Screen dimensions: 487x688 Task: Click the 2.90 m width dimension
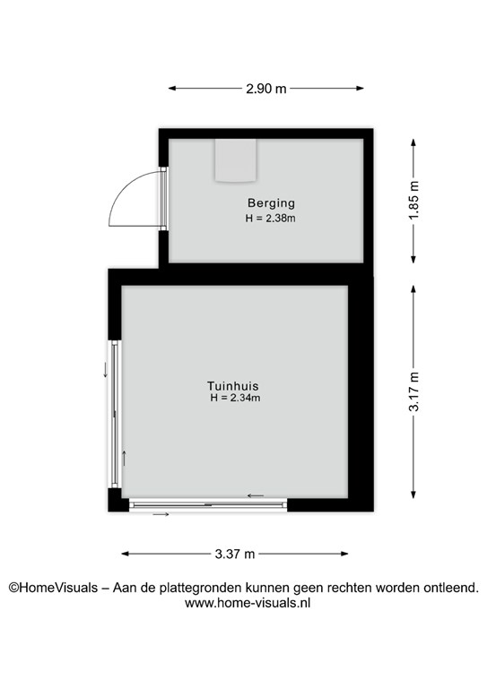266,89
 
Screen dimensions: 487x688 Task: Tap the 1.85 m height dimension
413,200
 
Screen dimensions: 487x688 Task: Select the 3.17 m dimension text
413,391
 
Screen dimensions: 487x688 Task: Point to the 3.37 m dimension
235,554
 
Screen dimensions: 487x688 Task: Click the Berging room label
271,203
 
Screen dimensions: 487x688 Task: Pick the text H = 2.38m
270,218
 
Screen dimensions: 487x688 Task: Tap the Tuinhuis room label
233,386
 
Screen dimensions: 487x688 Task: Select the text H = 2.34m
235,398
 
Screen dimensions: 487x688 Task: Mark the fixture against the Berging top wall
235,160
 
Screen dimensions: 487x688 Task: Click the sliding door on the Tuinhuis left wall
115,414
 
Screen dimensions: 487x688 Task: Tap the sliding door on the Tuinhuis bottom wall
208,505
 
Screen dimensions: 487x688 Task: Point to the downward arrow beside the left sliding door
106,370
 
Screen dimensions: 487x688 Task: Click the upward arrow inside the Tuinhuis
125,458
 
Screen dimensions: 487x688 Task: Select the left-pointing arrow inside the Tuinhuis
256,495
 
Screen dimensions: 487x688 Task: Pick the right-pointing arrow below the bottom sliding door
161,514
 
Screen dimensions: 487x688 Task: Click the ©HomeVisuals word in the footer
53,588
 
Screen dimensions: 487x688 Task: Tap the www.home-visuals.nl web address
248,603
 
